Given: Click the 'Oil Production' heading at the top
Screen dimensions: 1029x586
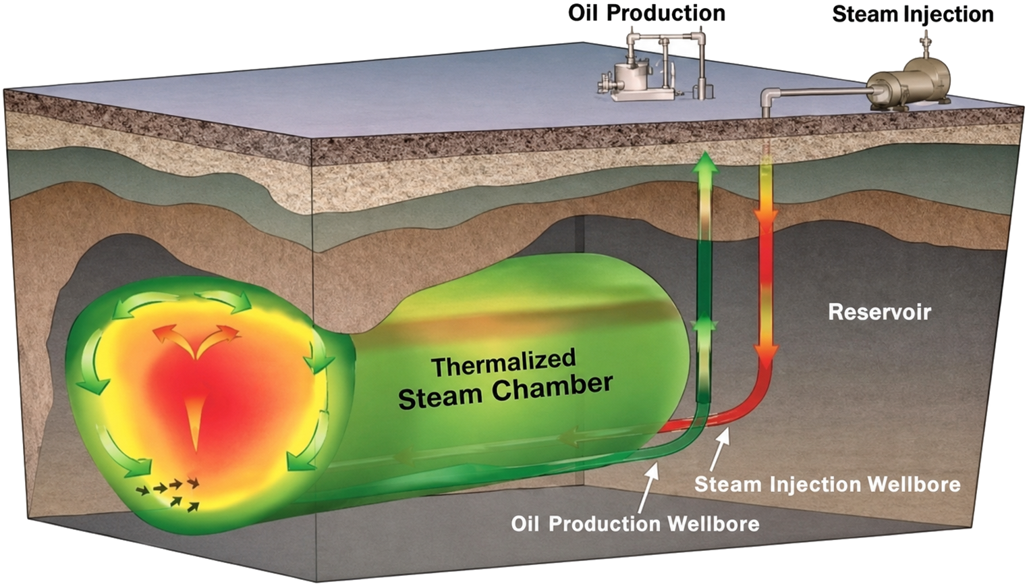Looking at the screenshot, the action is [x=647, y=14].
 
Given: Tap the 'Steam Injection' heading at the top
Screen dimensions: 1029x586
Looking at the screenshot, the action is [x=913, y=14].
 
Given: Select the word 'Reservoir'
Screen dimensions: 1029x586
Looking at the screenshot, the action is [x=879, y=312].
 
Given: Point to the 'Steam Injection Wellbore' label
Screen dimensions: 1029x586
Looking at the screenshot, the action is [x=827, y=485].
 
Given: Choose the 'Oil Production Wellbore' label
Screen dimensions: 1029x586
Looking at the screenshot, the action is [x=636, y=524].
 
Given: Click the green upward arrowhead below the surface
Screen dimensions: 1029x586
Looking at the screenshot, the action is [x=706, y=163].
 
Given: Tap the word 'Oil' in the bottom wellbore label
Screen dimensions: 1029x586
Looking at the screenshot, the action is [x=525, y=524].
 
